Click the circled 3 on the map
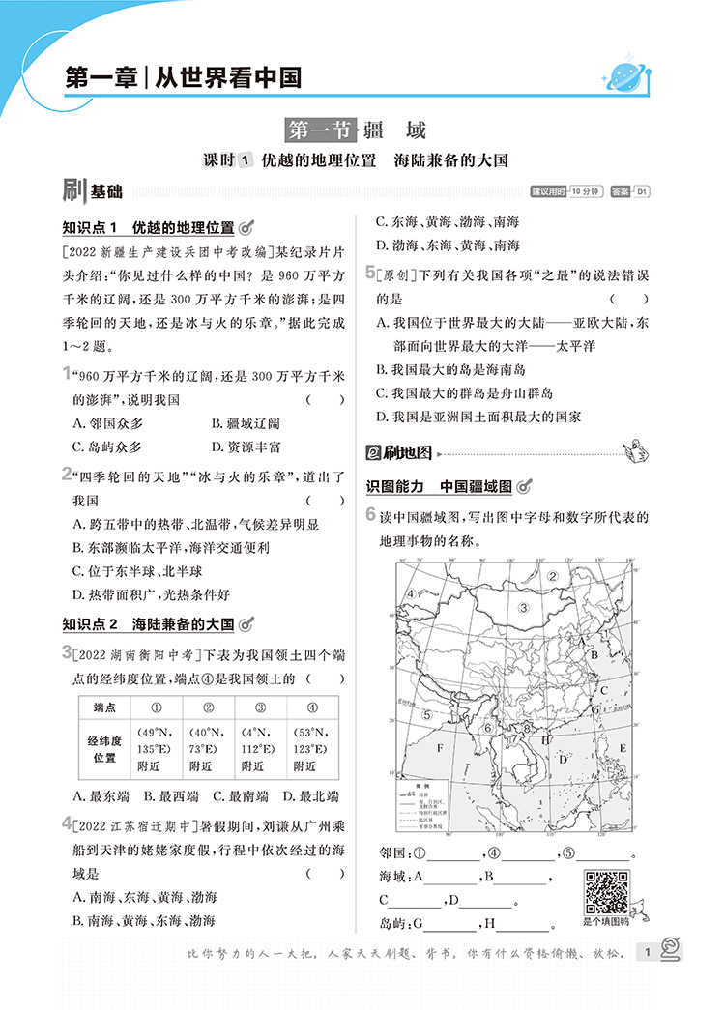point(523,608)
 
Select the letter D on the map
point(562,760)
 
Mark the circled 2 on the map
point(553,576)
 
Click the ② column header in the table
point(203,707)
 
